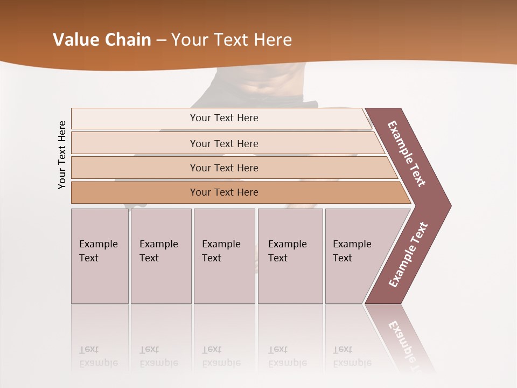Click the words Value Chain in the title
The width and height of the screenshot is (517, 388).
click(x=102, y=40)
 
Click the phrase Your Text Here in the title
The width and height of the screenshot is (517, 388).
click(x=232, y=40)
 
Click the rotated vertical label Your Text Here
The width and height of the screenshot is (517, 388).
click(x=62, y=155)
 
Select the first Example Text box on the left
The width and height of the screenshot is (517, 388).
click(x=100, y=256)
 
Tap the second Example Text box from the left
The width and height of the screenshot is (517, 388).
click(x=160, y=256)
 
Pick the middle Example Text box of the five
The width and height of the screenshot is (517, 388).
click(x=224, y=256)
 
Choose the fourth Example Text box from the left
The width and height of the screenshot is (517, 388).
click(x=290, y=256)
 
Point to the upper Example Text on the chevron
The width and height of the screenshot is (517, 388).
click(x=407, y=154)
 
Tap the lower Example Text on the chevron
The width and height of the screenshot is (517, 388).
click(x=408, y=255)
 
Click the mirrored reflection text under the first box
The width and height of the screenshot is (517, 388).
click(x=98, y=357)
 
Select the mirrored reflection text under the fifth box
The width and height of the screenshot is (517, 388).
click(x=352, y=357)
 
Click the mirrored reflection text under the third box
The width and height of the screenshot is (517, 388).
click(x=221, y=357)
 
